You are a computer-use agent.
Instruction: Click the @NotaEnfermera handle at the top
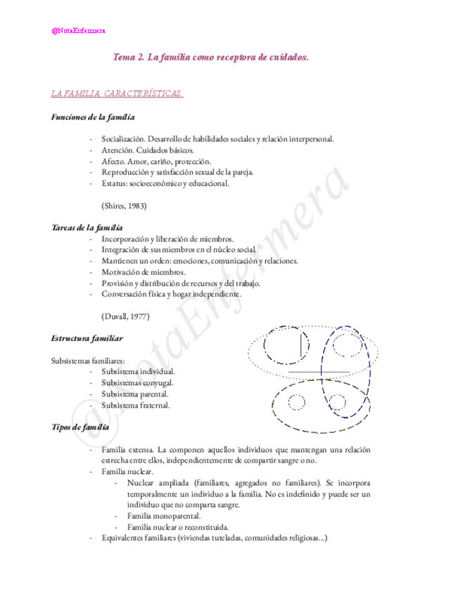coord(79,30)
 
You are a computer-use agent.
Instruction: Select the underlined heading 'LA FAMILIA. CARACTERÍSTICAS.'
coord(118,93)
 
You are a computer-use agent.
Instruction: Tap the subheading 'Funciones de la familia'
coord(94,117)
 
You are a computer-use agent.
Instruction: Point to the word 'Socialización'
coord(122,139)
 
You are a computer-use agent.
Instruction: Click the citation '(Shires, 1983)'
coord(124,206)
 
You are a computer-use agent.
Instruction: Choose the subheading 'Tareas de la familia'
coord(87,228)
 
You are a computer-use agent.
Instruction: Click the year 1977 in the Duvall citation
coord(138,316)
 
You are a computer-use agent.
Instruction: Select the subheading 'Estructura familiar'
coord(87,339)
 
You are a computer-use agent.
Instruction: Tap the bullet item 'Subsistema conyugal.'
coord(137,382)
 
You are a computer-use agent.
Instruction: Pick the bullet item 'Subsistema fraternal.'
coord(136,405)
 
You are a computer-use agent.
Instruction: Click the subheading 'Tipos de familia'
coord(80,427)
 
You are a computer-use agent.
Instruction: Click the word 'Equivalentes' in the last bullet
coord(125,538)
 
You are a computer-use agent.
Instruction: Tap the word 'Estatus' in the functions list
coord(115,183)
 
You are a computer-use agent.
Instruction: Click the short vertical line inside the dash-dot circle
coord(303,345)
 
